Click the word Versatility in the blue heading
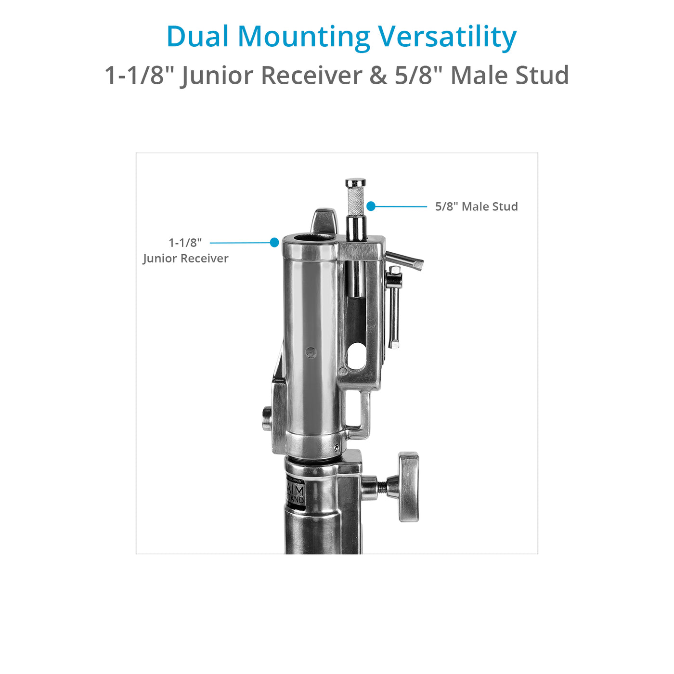(x=447, y=37)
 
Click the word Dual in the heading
(x=197, y=37)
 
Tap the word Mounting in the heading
(x=304, y=37)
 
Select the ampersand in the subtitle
(x=378, y=76)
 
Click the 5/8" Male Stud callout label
(x=476, y=207)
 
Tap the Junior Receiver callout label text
(x=185, y=259)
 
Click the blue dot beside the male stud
(x=371, y=206)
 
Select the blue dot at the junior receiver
(x=274, y=243)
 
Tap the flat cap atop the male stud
(x=355, y=182)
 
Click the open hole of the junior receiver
(x=310, y=237)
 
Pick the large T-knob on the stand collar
(x=408, y=486)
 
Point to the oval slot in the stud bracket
(x=356, y=356)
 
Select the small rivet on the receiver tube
(x=311, y=352)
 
